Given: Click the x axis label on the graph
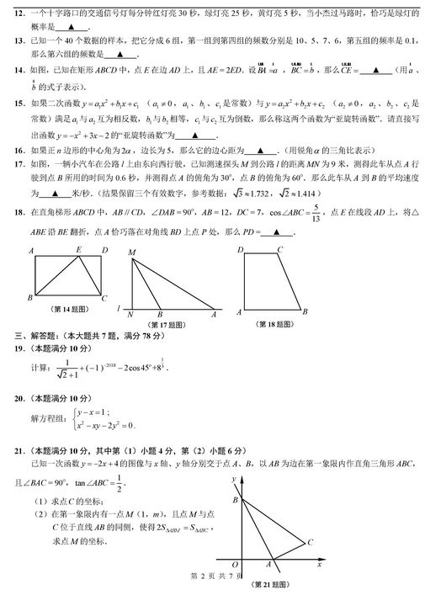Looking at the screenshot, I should click(x=320, y=565).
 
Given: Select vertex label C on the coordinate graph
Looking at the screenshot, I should click(x=311, y=543).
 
